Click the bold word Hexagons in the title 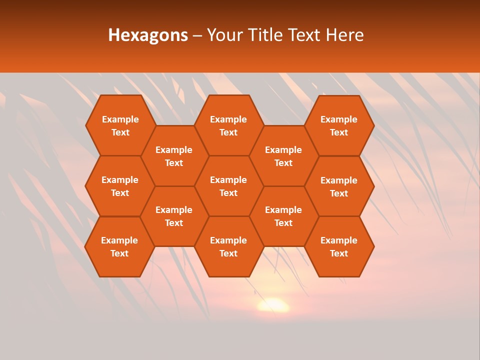click(148, 35)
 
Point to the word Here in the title click(344, 35)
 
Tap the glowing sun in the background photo click(273, 304)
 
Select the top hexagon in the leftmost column click(120, 125)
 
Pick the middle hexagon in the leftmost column click(120, 186)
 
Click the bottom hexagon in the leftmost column click(119, 246)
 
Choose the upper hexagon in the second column click(174, 156)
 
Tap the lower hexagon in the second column click(174, 216)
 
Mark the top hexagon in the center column click(228, 125)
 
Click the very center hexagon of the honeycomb click(228, 186)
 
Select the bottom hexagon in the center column click(228, 246)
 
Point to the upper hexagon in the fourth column click(283, 156)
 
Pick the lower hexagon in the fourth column click(283, 216)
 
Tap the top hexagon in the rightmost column click(339, 125)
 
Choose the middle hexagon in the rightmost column click(339, 186)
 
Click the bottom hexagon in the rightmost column click(339, 246)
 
